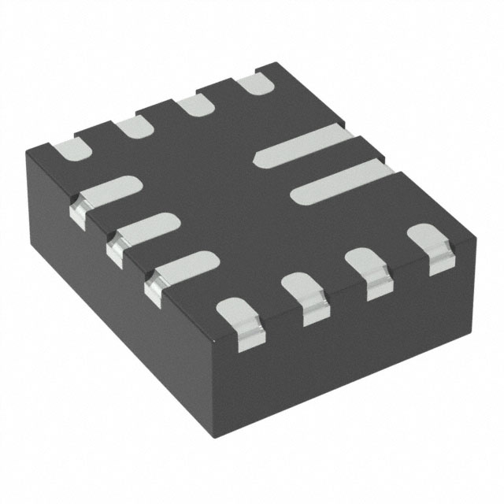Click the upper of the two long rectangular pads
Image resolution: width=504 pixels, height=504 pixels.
point(303,145)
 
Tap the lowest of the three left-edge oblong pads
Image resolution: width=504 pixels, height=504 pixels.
point(181,269)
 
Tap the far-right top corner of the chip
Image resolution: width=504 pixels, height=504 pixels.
point(477,233)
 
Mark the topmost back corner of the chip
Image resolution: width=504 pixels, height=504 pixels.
point(274,63)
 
